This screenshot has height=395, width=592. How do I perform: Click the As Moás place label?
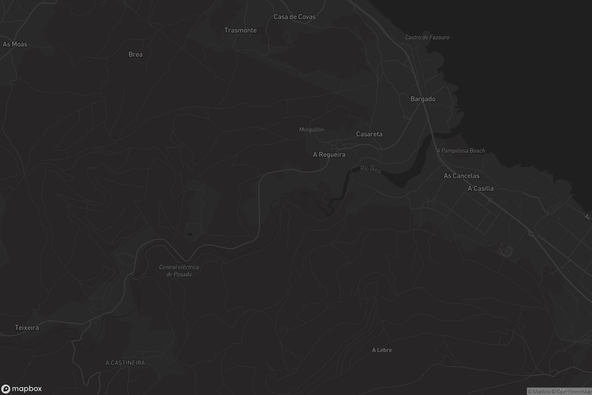tap(15, 44)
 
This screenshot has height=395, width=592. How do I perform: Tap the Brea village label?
tap(135, 54)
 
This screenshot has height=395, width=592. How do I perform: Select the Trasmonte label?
tap(240, 30)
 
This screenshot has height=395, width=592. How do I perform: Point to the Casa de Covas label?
tap(295, 17)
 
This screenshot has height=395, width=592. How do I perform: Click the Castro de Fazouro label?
tap(427, 38)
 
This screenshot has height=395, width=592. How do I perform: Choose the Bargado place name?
tap(423, 99)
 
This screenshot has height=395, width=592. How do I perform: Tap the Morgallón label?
tap(311, 130)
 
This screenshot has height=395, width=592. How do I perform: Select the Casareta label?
tap(369, 134)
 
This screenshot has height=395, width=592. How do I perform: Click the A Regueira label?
tap(329, 155)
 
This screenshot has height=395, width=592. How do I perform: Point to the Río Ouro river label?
tap(371, 169)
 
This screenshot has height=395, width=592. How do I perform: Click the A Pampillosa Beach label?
tap(461, 151)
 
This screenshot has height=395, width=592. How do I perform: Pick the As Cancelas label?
tap(461, 176)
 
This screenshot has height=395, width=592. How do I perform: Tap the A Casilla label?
tap(480, 188)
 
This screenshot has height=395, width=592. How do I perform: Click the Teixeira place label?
tap(27, 328)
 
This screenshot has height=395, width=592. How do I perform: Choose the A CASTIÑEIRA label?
tap(125, 363)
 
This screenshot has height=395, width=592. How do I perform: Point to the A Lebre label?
tap(382, 350)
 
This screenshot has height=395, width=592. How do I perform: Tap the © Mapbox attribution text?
tap(539, 392)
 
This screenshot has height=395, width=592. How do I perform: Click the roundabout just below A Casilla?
tap(490, 200)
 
